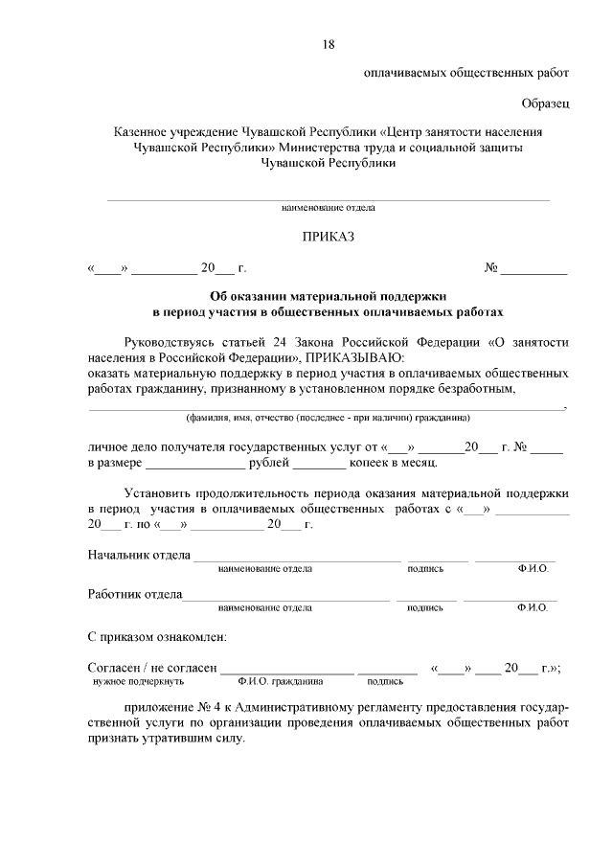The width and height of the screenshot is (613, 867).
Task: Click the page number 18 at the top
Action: [x=329, y=44]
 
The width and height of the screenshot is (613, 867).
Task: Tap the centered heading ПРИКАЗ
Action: [x=329, y=237]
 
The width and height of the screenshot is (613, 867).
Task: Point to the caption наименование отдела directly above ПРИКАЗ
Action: [x=328, y=207]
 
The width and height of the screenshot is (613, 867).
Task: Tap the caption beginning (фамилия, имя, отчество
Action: [x=328, y=418]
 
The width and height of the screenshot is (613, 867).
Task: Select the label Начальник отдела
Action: [x=139, y=555]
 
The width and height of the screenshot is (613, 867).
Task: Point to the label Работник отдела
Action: [x=135, y=594]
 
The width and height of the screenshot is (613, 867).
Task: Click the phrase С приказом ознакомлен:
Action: [x=157, y=636]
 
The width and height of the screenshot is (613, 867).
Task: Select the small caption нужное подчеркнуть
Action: [x=138, y=682]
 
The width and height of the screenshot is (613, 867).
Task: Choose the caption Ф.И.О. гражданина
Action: [x=281, y=682]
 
